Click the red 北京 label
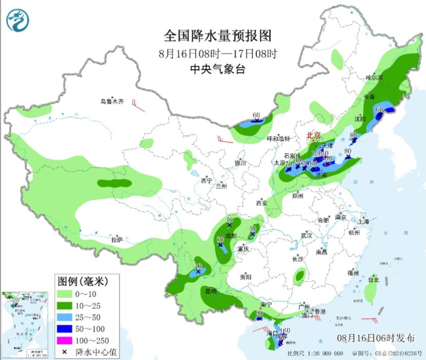313,135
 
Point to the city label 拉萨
117,239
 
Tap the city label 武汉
307,235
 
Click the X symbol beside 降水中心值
65,352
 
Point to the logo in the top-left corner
18,21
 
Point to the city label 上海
363,222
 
